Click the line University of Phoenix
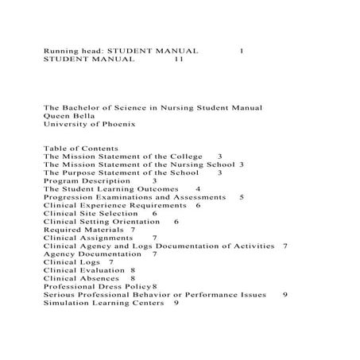[x=90, y=124]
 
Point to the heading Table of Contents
[x=80, y=149]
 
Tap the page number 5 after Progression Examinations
[x=242, y=197]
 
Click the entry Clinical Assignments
[x=87, y=238]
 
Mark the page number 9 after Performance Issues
[x=285, y=295]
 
